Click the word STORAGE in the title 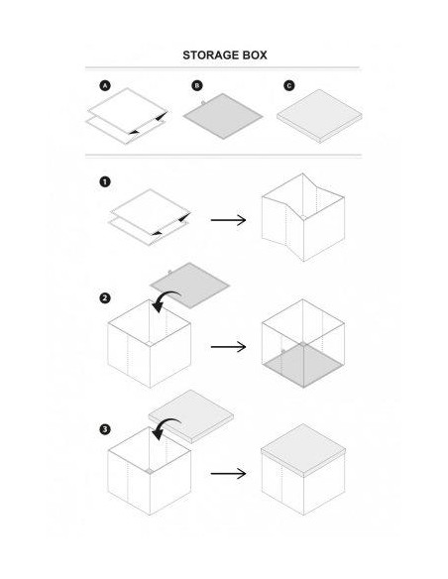[x=210, y=56]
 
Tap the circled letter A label [x=105, y=86]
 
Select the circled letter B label [x=197, y=85]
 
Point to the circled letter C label [x=289, y=85]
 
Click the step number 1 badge [x=105, y=181]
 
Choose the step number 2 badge [x=105, y=298]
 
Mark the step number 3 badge [x=105, y=429]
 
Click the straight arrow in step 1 [x=228, y=220]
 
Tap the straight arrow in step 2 [x=228, y=347]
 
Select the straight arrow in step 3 [x=228, y=473]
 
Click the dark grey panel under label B [x=223, y=116]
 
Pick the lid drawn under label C [x=319, y=116]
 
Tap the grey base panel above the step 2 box [x=189, y=286]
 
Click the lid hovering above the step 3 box [x=191, y=416]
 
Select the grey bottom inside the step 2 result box [x=302, y=365]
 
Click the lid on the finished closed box [x=303, y=450]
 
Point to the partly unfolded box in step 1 [x=303, y=217]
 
